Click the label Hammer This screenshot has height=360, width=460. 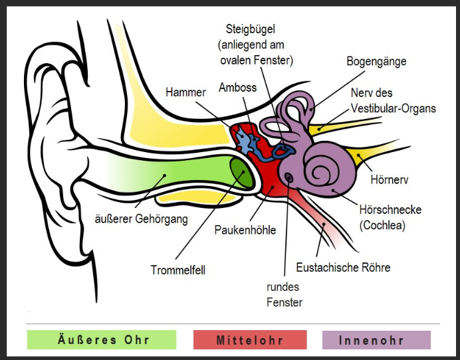tap(185, 92)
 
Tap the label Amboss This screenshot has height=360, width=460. tap(237, 88)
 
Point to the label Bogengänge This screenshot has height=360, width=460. tap(376, 61)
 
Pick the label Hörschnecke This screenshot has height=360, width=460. tap(390, 210)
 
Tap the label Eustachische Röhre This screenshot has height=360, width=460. tap(343, 268)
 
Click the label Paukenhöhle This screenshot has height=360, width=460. tap(245, 230)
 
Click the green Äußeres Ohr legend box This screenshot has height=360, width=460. tap(101, 340)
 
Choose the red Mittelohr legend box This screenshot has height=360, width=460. tap(249, 340)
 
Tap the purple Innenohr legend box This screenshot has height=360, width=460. tap(376, 340)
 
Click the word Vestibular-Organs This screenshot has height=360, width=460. tap(394, 108)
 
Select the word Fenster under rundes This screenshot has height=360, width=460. tap(285, 302)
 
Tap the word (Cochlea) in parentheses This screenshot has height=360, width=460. tap(382, 225)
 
